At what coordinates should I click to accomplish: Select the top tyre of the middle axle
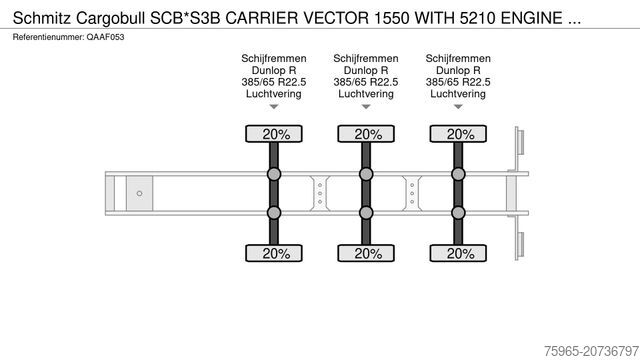tap(368, 134)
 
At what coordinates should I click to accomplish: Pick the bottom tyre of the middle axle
tap(368, 253)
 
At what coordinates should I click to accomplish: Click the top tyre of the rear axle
tap(460, 134)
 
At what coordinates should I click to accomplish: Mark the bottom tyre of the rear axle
tap(460, 253)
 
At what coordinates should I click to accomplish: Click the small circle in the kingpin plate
tap(140, 193)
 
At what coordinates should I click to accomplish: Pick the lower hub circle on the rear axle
tap(460, 212)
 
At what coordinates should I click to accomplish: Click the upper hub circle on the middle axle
tap(368, 175)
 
